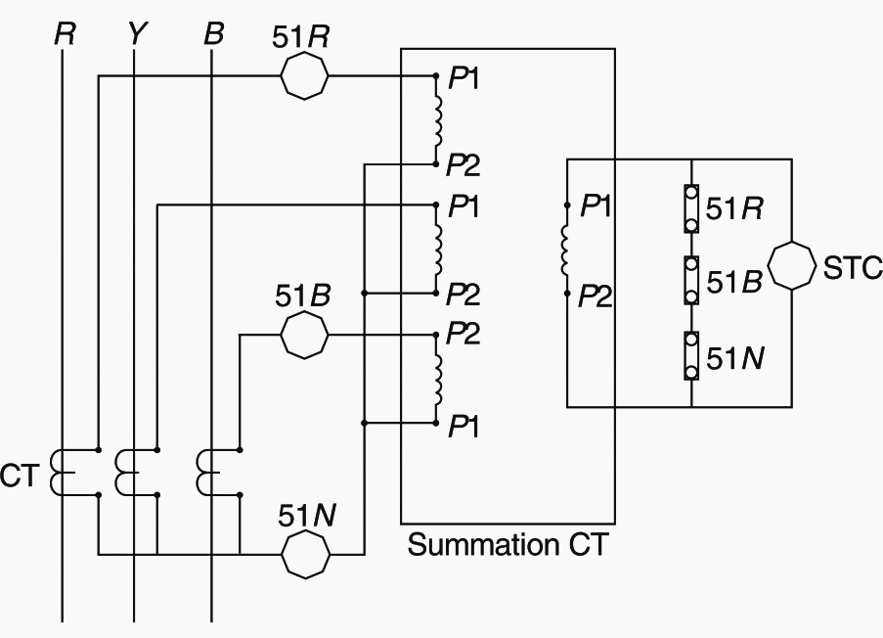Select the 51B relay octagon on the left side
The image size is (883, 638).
[305, 336]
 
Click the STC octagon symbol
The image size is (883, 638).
[791, 268]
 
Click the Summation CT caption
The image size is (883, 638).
[507, 545]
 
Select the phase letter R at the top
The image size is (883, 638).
[65, 34]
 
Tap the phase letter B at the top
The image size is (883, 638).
[213, 34]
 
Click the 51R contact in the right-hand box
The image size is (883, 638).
[691, 208]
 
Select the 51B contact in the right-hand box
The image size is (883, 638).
[691, 282]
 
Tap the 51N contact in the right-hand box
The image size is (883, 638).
[691, 356]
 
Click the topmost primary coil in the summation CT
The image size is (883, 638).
[439, 117]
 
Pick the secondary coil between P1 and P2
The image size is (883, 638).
[566, 250]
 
